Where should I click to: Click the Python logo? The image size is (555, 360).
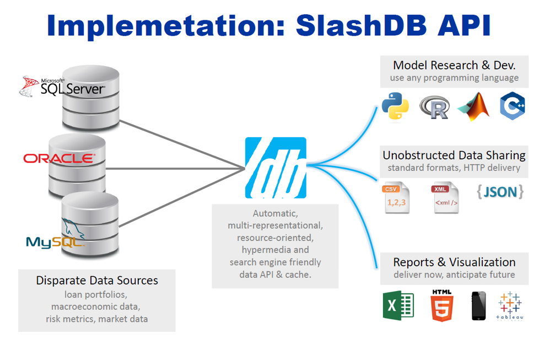click(395, 106)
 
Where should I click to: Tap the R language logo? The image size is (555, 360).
click(435, 108)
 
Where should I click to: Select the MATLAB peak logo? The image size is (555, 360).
click(473, 106)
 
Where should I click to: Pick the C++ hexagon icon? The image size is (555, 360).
click(512, 106)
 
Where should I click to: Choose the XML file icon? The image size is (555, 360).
click(445, 197)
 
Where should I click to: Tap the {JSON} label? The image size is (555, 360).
click(500, 192)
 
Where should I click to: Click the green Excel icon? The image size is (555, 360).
click(398, 305)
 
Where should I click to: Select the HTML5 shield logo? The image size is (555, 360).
click(441, 305)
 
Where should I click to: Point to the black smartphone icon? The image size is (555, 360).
click(478, 306)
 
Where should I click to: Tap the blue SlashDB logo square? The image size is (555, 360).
click(276, 168)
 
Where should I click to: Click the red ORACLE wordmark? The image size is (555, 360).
click(60, 158)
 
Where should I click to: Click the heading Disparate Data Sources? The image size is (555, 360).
click(97, 281)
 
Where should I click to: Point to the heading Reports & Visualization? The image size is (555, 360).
click(455, 262)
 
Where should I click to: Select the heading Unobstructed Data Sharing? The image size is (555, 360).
click(454, 155)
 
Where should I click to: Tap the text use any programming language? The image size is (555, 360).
click(455, 78)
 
